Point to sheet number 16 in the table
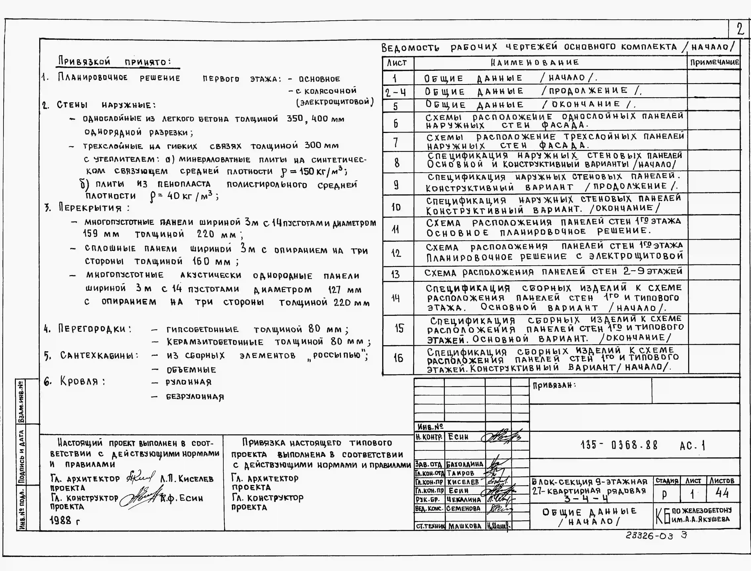[x=398, y=358]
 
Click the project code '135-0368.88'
[x=619, y=445]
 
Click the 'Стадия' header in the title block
[x=667, y=481]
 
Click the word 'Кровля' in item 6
[x=79, y=381]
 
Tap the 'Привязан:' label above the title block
[x=554, y=385]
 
